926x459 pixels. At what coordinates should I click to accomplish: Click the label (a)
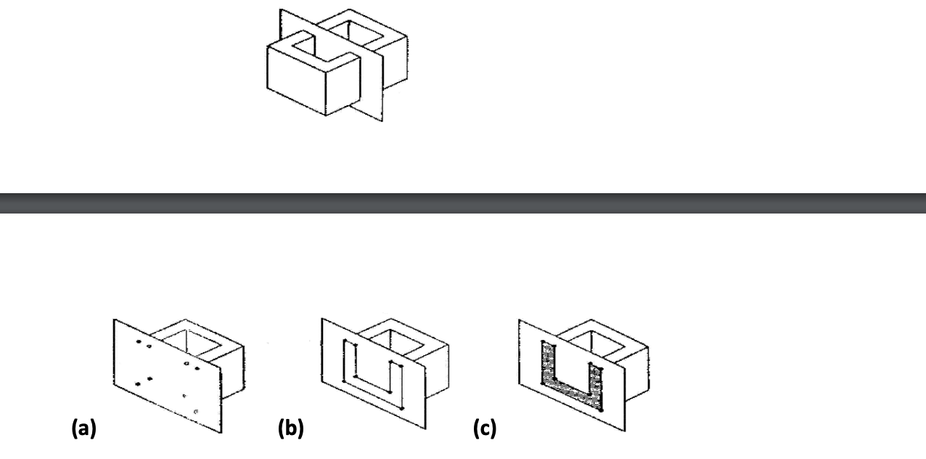[x=83, y=429]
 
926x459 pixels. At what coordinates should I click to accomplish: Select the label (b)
[x=290, y=429]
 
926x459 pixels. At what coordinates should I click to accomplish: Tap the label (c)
[x=485, y=429]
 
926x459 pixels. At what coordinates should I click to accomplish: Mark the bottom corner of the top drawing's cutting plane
[x=382, y=121]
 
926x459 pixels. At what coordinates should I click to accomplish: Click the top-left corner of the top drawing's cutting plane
[x=281, y=10]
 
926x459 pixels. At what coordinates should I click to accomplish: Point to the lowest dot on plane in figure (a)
[x=195, y=411]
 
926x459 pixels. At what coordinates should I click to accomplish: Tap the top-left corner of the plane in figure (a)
[x=115, y=318]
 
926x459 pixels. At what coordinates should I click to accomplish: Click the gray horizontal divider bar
[x=463, y=203]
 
